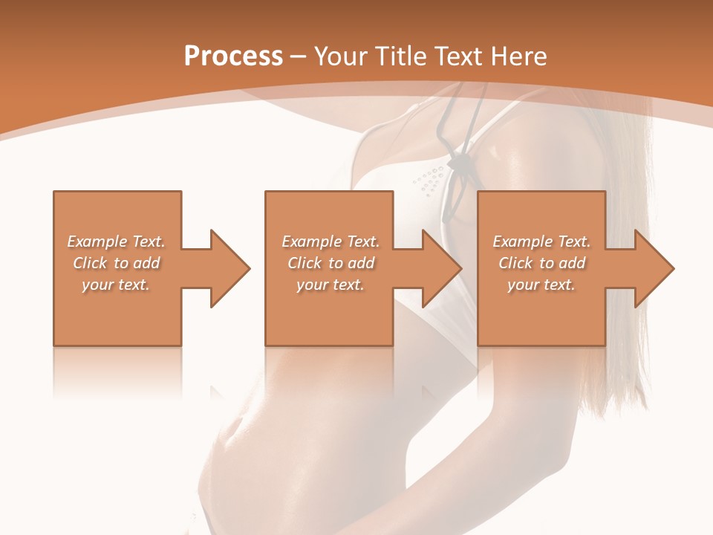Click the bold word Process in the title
pyautogui.click(x=233, y=56)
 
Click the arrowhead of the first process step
pyautogui.click(x=230, y=268)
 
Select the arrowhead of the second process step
pyautogui.click(x=442, y=268)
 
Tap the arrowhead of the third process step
pyautogui.click(x=654, y=268)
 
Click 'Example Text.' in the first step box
pyautogui.click(x=116, y=241)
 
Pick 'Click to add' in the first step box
pyautogui.click(x=116, y=263)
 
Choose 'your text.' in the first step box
pyautogui.click(x=116, y=285)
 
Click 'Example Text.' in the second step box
pyautogui.click(x=330, y=241)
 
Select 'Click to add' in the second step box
pyautogui.click(x=330, y=263)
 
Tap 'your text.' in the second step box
pyautogui.click(x=330, y=285)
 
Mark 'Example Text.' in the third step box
pyautogui.click(x=541, y=241)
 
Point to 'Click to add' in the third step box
pyautogui.click(x=541, y=263)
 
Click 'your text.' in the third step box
pyautogui.click(x=541, y=285)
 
